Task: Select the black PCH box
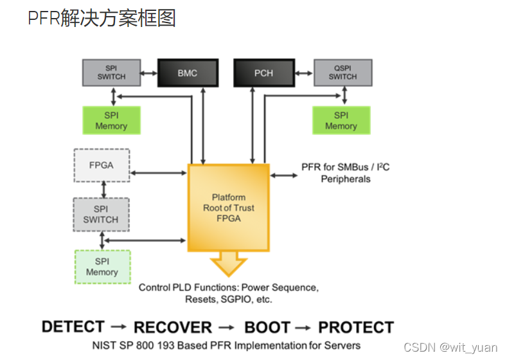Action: pyautogui.click(x=263, y=73)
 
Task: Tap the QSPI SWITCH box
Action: pyautogui.click(x=342, y=73)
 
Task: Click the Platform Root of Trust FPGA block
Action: pyautogui.click(x=228, y=208)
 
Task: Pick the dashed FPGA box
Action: pyautogui.click(x=101, y=165)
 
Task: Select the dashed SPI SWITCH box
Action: pyautogui.click(x=101, y=214)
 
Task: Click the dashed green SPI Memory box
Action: pyautogui.click(x=102, y=267)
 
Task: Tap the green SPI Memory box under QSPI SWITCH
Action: pyautogui.click(x=341, y=120)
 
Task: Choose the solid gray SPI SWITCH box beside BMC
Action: pyautogui.click(x=112, y=73)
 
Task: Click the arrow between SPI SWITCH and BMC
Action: pyautogui.click(x=150, y=73)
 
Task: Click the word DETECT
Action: pyautogui.click(x=73, y=327)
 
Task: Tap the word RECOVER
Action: pyautogui.click(x=172, y=327)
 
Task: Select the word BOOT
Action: pyautogui.click(x=267, y=327)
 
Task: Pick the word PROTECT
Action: pyautogui.click(x=356, y=327)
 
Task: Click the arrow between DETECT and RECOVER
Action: pyautogui.click(x=119, y=327)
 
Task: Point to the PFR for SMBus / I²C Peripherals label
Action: pyautogui.click(x=345, y=173)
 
